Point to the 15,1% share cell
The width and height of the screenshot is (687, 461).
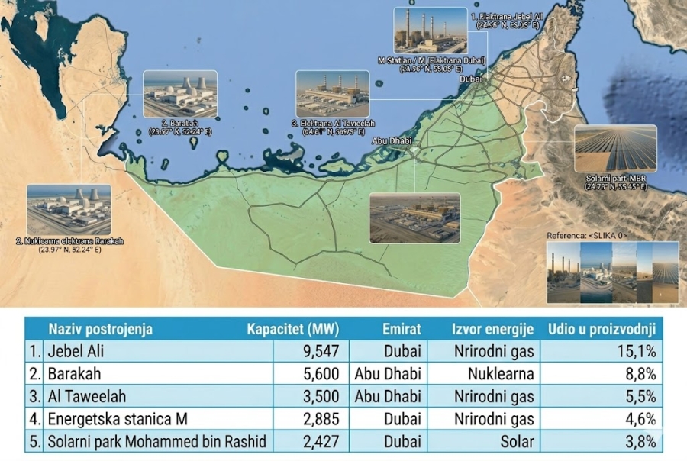click(x=637, y=351)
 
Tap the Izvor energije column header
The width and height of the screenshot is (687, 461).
click(x=492, y=329)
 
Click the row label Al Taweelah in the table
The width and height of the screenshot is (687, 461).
click(x=86, y=396)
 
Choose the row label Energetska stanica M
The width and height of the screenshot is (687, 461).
click(x=118, y=418)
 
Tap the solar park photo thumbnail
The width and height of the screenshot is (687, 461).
click(x=615, y=148)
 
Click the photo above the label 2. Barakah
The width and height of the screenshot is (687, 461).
click(x=180, y=94)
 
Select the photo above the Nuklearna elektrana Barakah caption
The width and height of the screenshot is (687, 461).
click(x=69, y=210)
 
